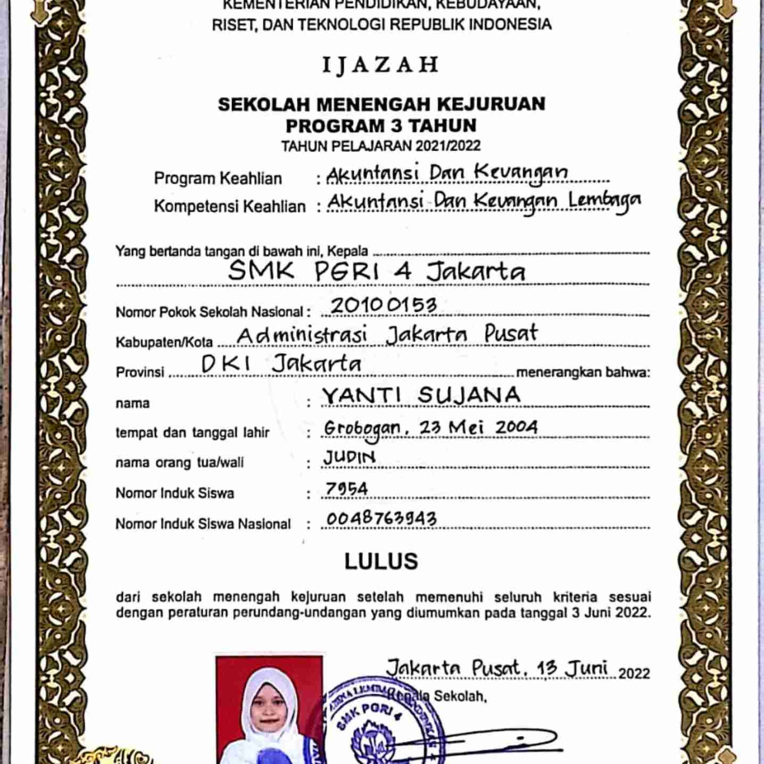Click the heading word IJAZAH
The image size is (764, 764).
coord(381,65)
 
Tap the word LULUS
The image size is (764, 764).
coord(381,561)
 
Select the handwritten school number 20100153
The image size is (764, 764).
coord(384,305)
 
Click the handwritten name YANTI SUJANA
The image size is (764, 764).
coord(421,395)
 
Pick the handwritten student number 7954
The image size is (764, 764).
coord(346,488)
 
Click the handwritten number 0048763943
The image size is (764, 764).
coord(381,518)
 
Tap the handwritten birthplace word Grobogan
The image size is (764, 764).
coord(362,429)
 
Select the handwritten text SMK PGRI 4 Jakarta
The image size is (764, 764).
coord(376,271)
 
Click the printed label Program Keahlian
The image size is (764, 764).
coord(218,178)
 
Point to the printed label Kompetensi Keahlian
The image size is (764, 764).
coord(230,206)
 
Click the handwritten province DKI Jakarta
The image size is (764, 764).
coord(281,364)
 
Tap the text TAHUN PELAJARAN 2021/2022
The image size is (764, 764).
coord(381,146)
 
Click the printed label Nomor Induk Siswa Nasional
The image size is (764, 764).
coord(203,524)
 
